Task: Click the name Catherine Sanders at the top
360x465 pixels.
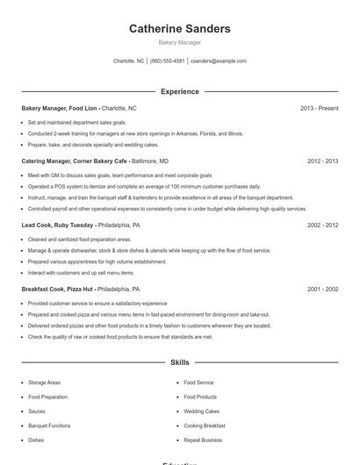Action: coord(180,29)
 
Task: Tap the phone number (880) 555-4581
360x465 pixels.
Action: coord(167,61)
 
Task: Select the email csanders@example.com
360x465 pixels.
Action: coord(219,61)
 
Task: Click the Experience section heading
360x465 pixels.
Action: coord(180,91)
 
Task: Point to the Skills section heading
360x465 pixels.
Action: coord(180,361)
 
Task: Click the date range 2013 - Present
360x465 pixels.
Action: coord(319,108)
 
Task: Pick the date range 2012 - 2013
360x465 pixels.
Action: coord(322,161)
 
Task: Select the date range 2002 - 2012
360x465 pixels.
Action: coord(322,225)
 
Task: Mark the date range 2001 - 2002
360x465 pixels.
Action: coord(322,289)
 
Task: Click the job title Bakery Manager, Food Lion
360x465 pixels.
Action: coord(59,108)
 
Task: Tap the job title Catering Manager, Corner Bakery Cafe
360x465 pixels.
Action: coord(75,161)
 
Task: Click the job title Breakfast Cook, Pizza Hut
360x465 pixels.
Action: coord(58,289)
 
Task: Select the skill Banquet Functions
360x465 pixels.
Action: coord(49,426)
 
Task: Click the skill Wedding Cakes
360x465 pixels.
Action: coord(202,411)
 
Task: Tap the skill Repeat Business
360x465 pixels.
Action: coord(203,440)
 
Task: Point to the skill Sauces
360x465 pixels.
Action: coord(37,411)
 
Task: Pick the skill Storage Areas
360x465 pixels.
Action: coord(44,383)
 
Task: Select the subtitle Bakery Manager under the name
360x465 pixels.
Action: coord(180,42)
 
